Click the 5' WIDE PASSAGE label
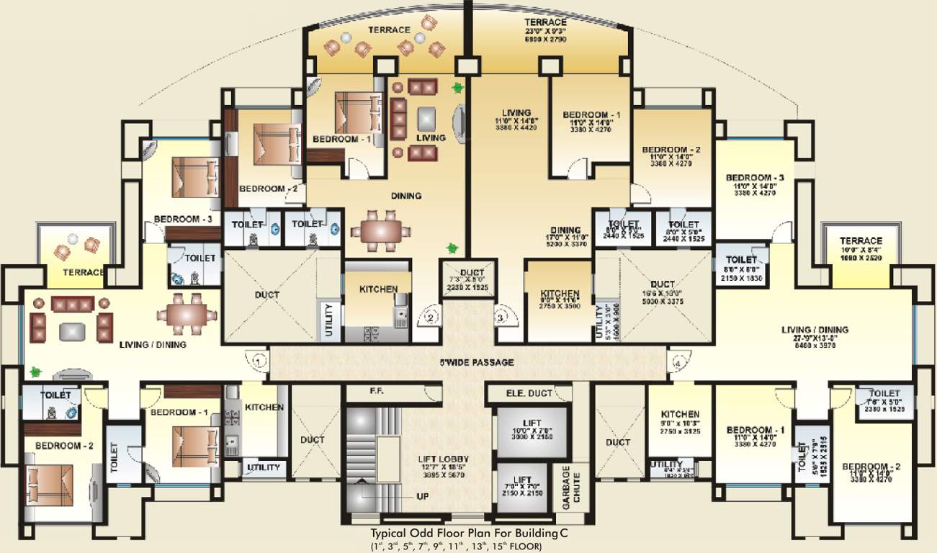[x=478, y=362]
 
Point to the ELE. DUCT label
[x=529, y=393]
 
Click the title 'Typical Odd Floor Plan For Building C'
[x=465, y=534]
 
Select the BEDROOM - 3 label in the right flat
[x=754, y=177]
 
